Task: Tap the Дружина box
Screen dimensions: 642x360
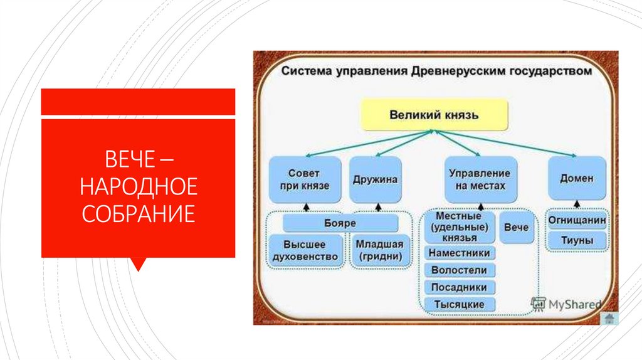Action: (375, 179)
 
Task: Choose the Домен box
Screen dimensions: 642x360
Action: (577, 179)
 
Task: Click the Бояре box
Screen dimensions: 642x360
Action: (340, 223)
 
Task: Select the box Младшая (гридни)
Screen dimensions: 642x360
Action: (379, 250)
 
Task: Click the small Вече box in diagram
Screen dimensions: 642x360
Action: (517, 227)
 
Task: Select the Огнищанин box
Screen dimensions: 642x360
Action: (577, 221)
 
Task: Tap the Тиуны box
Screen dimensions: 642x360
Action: (577, 240)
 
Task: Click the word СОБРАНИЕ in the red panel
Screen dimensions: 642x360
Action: (137, 214)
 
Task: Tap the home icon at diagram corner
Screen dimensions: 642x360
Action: (608, 318)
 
